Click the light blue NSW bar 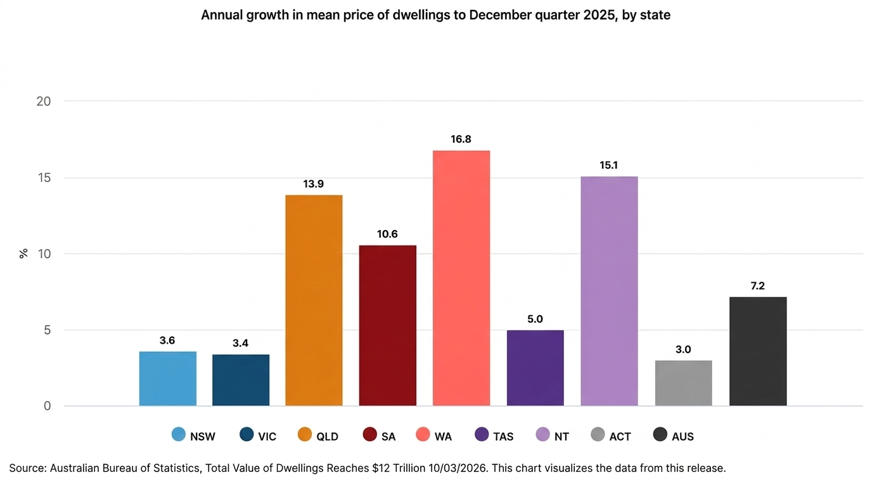pyautogui.click(x=168, y=379)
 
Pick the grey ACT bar pyautogui.click(x=683, y=383)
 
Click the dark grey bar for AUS pyautogui.click(x=758, y=351)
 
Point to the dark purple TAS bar pyautogui.click(x=535, y=368)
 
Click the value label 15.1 pyautogui.click(x=609, y=166)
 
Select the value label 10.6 pyautogui.click(x=387, y=235)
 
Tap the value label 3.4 pyautogui.click(x=240, y=344)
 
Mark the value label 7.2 pyautogui.click(x=758, y=286)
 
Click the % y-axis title pyautogui.click(x=23, y=254)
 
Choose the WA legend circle pyautogui.click(x=423, y=435)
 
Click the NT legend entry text pyautogui.click(x=561, y=436)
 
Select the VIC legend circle pyautogui.click(x=247, y=435)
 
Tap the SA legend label pyautogui.click(x=388, y=436)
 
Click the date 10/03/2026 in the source pyautogui.click(x=451, y=469)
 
